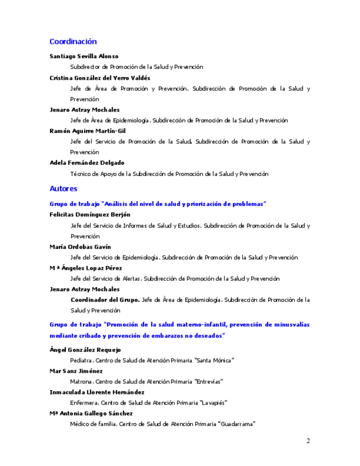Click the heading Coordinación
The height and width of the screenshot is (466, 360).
point(73,42)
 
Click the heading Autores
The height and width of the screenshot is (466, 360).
point(63,189)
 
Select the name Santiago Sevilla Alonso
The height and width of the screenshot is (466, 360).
point(84,56)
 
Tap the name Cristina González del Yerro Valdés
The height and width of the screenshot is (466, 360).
point(99,78)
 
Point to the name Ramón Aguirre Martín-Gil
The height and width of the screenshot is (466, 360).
point(87,131)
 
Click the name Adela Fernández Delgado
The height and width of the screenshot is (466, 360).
point(87,163)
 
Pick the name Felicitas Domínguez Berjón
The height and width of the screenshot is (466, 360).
point(90,214)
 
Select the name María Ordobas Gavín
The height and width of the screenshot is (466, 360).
point(80,247)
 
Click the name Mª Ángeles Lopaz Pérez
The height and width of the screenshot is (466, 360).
point(86,268)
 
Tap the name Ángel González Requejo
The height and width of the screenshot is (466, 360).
point(85,349)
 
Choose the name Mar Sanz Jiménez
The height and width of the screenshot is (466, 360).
point(76,371)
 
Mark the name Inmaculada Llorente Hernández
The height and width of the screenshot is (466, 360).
point(97,392)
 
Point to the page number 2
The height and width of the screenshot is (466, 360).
point(308,441)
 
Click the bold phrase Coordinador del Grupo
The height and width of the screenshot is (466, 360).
point(105,300)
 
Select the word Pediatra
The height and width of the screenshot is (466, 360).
point(81,360)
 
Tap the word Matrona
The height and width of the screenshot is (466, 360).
point(81,381)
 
